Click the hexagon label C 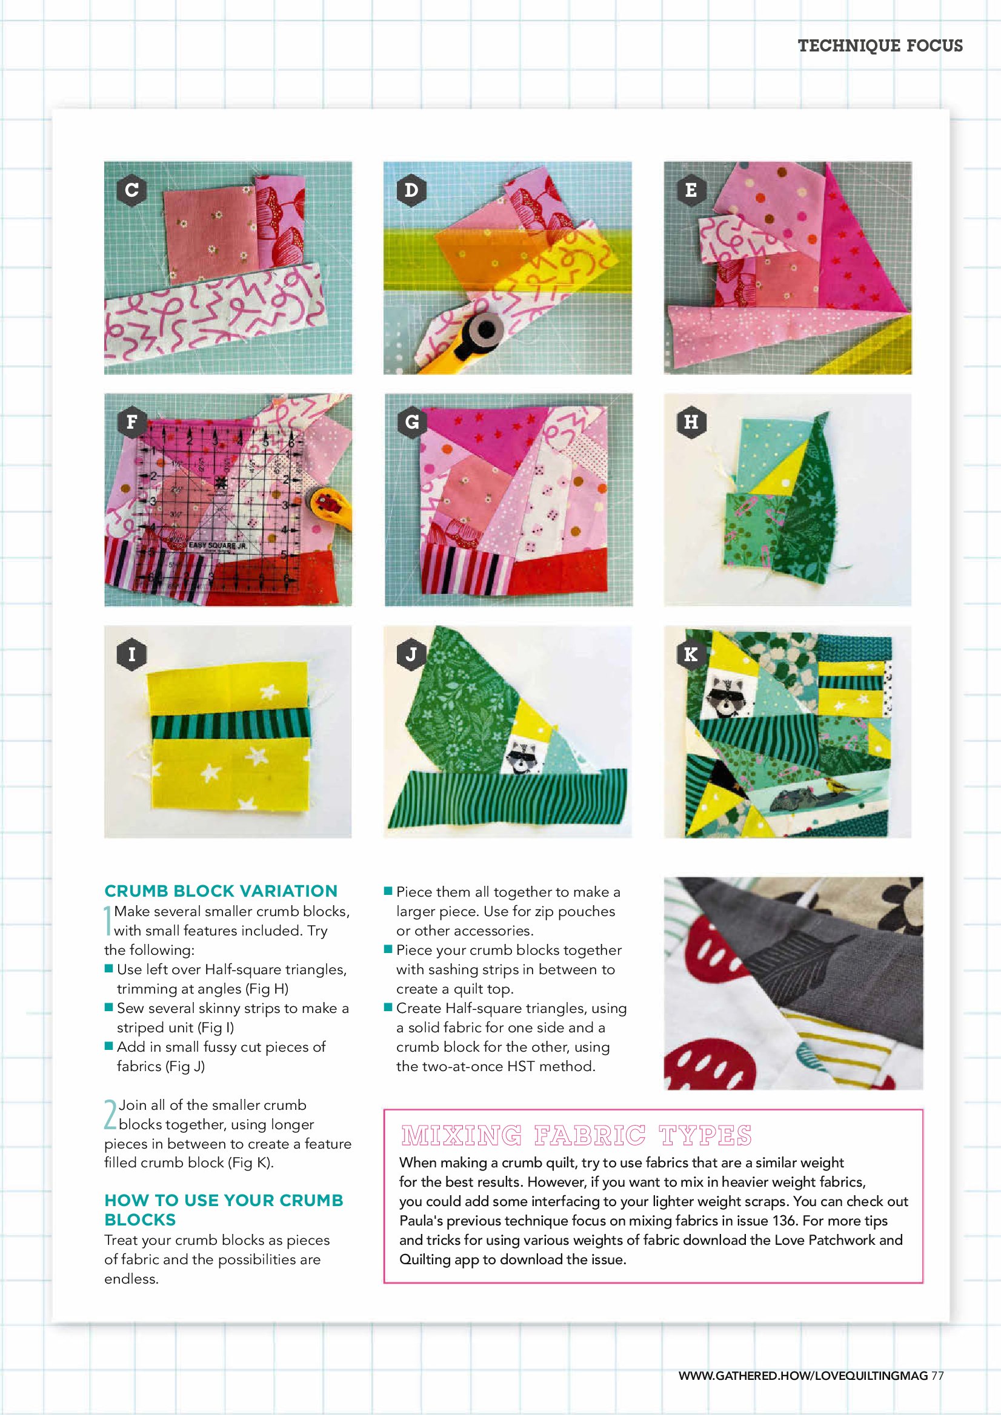[131, 190]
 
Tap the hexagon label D [411, 190]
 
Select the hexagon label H [691, 422]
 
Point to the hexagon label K [691, 655]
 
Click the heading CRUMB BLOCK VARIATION [221, 891]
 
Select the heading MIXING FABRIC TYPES [576, 1135]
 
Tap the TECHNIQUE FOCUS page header [880, 45]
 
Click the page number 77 [937, 1376]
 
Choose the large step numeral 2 [110, 1115]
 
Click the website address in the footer [802, 1376]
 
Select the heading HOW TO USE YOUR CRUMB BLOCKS [224, 1210]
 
